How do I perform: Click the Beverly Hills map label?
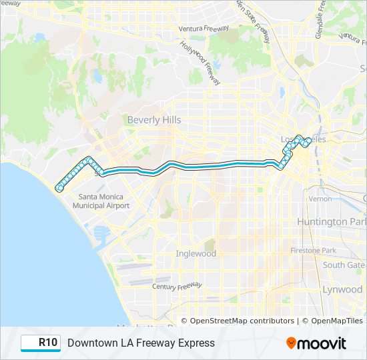[154, 120]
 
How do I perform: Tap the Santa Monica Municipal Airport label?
[104, 201]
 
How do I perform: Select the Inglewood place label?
[196, 253]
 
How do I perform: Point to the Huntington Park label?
[332, 221]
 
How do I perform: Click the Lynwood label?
[342, 289]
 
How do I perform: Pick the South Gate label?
[344, 265]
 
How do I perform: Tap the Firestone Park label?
[313, 250]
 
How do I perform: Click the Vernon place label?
[320, 199]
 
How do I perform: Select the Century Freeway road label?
[177, 285]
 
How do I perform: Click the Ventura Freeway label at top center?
[204, 29]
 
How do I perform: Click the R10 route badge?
[41, 343]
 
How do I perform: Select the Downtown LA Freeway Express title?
[141, 343]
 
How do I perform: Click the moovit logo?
[316, 343]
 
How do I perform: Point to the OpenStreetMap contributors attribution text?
[242, 321]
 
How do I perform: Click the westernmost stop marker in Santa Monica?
[59, 188]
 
